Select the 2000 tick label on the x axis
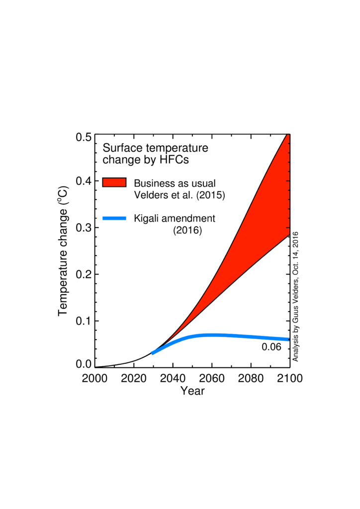[95, 379]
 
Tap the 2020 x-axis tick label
[134, 379]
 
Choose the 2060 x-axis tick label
[212, 379]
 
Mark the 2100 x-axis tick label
[289, 379]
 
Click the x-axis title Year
[192, 391]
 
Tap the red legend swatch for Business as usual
[114, 182]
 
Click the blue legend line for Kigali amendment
[114, 218]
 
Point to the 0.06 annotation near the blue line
[271, 347]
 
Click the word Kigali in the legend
[146, 218]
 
